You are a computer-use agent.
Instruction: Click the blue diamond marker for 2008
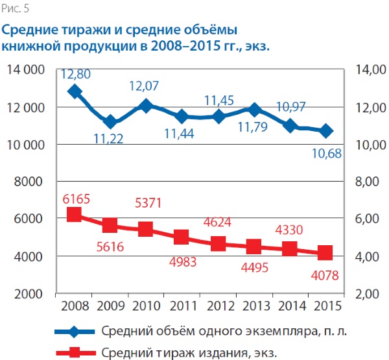coord(74,91)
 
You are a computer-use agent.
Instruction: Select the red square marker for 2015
coord(325,252)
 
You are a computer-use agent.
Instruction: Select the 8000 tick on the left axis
coord(30,182)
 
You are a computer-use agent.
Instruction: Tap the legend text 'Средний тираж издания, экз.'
coord(194,352)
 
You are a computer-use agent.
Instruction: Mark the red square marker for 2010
coord(146,229)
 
